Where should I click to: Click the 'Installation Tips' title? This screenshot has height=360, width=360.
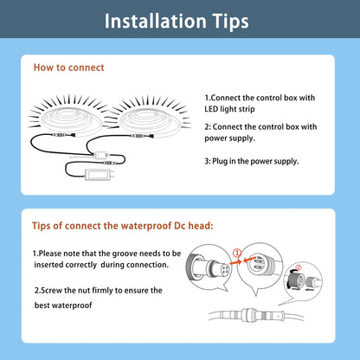coord(177,22)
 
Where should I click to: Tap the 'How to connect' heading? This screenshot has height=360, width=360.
coord(68,67)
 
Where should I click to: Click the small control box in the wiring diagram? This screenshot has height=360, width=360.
coord(100,155)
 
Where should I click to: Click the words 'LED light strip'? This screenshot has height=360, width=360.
coord(229,109)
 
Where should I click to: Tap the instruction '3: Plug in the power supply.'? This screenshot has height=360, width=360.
coord(252,161)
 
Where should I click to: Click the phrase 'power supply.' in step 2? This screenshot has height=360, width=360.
coord(230,138)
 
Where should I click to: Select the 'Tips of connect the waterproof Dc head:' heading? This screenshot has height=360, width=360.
coord(123,226)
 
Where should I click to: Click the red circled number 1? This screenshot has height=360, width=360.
coord(236,254)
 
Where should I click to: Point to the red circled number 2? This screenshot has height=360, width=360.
coord(299,267)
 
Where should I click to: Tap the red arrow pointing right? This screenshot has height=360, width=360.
coord(235,262)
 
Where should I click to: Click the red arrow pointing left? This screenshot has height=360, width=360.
coord(249,260)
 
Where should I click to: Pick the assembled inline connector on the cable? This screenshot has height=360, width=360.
coord(252,314)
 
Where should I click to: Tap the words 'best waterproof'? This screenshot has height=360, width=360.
coord(63,305)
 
